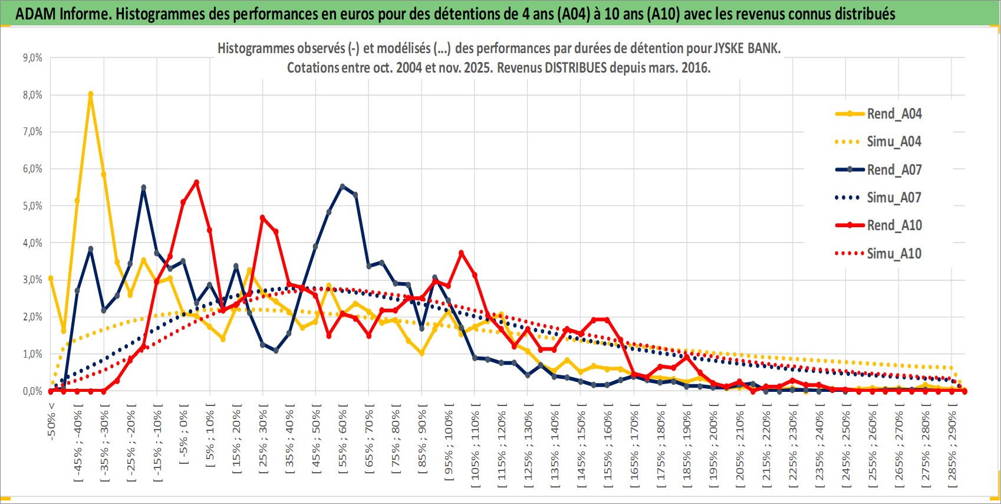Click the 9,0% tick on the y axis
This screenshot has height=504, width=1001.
[32, 58]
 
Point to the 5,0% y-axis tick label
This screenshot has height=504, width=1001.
[32, 206]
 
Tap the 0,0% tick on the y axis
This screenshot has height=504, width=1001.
[32, 391]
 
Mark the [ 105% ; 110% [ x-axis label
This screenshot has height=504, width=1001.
[475, 446]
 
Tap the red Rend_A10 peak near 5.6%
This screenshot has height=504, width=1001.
[196, 182]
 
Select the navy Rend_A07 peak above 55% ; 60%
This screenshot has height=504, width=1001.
[343, 186]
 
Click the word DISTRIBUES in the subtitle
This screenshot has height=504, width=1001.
[575, 68]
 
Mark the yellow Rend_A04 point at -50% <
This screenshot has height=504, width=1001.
[51, 278]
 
